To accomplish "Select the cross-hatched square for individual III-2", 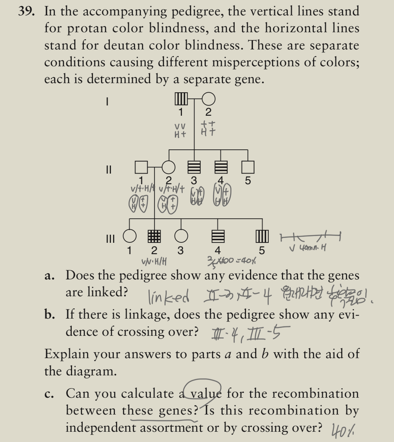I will pos(154,237).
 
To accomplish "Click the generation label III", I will pos(109,239).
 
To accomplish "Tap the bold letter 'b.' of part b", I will pos(51,315).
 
